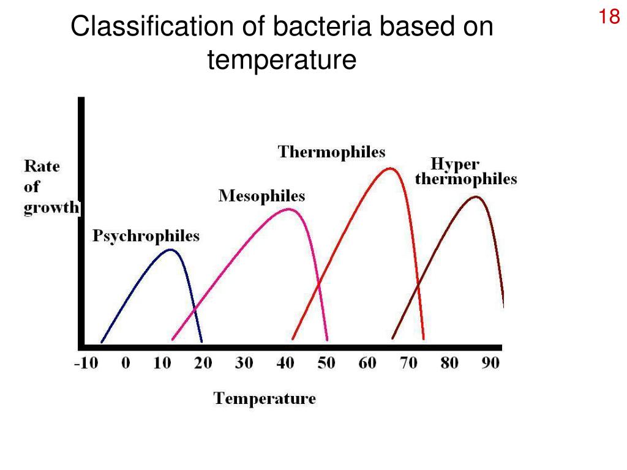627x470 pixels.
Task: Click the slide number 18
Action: pyautogui.click(x=609, y=17)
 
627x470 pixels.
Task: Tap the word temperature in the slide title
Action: pyautogui.click(x=281, y=60)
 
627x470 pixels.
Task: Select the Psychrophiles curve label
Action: pyautogui.click(x=146, y=236)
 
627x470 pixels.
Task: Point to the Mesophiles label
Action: pyautogui.click(x=261, y=196)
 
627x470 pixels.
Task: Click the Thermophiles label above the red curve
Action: pyautogui.click(x=331, y=152)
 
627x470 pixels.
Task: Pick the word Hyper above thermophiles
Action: pyautogui.click(x=455, y=165)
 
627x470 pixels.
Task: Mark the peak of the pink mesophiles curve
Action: pyautogui.click(x=288, y=210)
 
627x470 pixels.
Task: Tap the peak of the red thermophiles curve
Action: pyautogui.click(x=390, y=168)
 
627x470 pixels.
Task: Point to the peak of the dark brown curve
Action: pyautogui.click(x=476, y=196)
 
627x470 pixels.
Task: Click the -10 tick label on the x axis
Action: pyautogui.click(x=86, y=363)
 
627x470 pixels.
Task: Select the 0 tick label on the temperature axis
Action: pyautogui.click(x=126, y=363)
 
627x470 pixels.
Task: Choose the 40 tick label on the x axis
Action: pyautogui.click(x=285, y=363)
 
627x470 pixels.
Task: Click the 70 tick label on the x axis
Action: pyautogui.click(x=408, y=363)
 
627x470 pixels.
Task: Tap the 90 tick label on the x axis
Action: pyautogui.click(x=490, y=363)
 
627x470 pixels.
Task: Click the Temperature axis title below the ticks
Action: pyautogui.click(x=265, y=399)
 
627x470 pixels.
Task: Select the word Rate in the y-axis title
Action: pyautogui.click(x=42, y=166)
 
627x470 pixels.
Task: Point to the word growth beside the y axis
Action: pyautogui.click(x=51, y=207)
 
